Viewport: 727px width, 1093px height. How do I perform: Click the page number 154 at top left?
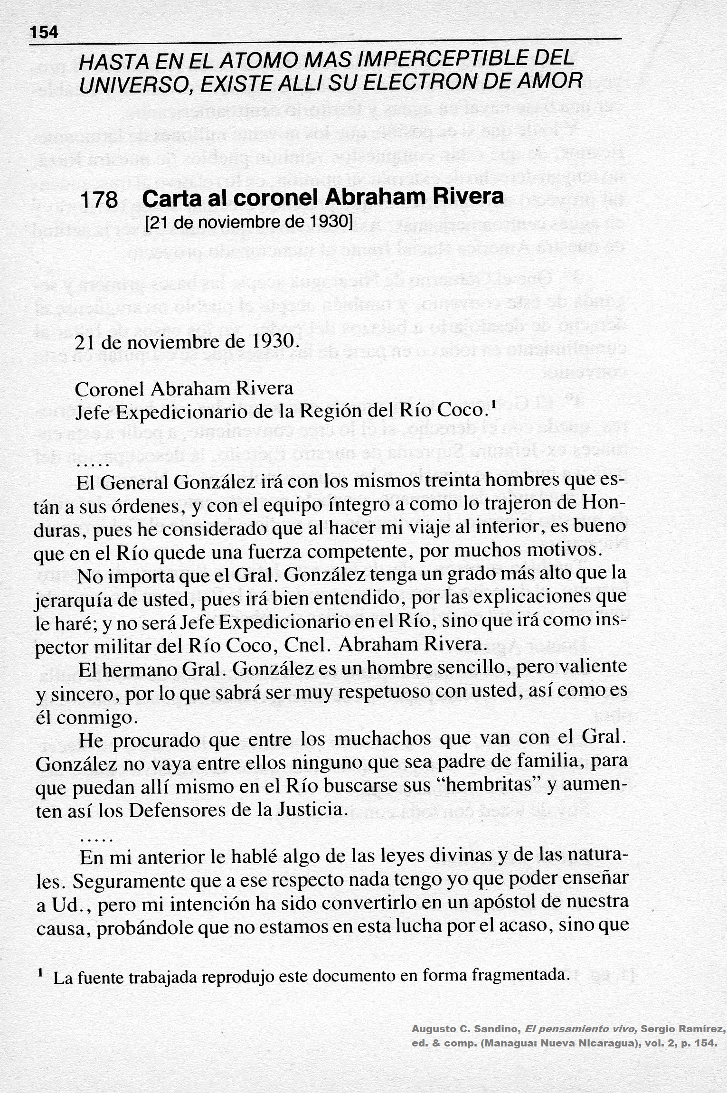[43, 32]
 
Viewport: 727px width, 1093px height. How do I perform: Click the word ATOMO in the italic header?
[253, 61]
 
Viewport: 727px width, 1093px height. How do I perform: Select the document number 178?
[99, 200]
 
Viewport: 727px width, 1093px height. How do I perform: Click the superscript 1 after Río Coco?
[494, 405]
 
